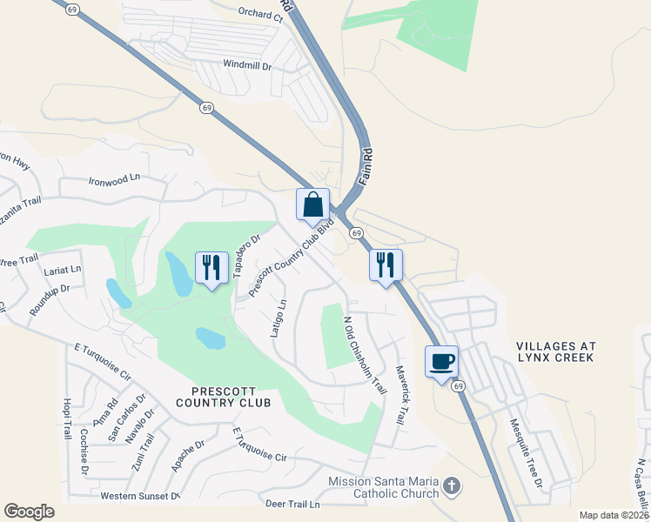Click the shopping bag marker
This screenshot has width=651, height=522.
[313, 205]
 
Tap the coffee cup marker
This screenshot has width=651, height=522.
[442, 362]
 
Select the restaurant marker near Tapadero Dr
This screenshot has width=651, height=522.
[211, 268]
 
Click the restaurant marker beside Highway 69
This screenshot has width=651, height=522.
[386, 264]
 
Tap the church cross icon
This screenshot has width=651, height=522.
[450, 485]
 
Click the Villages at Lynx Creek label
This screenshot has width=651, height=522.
[554, 351]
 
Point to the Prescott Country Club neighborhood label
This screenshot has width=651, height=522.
[223, 396]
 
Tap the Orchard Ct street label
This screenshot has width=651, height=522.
[260, 13]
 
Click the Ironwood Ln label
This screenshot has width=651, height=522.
[114, 180]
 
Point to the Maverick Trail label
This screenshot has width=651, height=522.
[401, 394]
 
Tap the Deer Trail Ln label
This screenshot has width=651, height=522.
[292, 504]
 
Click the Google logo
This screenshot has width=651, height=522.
[29, 512]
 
